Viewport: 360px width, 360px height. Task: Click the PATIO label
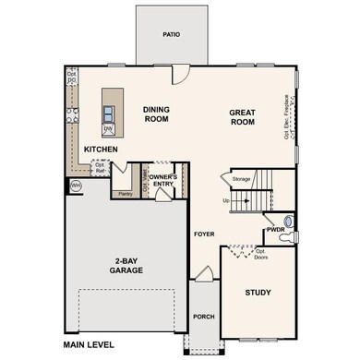click(x=172, y=34)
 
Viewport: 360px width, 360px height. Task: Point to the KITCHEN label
click(x=101, y=149)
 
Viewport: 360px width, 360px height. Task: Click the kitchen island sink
click(x=110, y=114)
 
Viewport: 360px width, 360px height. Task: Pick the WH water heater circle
click(x=75, y=185)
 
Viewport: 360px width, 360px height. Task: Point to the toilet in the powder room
click(x=288, y=222)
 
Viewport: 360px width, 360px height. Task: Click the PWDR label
click(x=275, y=229)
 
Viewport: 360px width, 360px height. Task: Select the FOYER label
click(x=203, y=234)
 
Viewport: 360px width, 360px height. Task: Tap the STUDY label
click(x=258, y=293)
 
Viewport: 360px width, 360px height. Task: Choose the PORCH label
click(x=203, y=317)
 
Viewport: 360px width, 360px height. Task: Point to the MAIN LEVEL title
click(x=88, y=345)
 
